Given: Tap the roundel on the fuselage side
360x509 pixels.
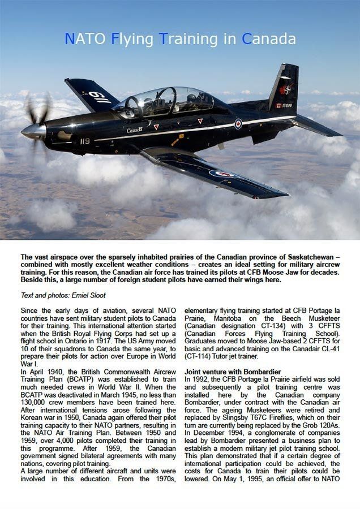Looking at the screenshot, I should (x=238, y=123).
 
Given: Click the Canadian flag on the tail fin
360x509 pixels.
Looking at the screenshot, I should (x=279, y=105).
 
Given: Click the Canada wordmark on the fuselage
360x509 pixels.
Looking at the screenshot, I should (x=135, y=130).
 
